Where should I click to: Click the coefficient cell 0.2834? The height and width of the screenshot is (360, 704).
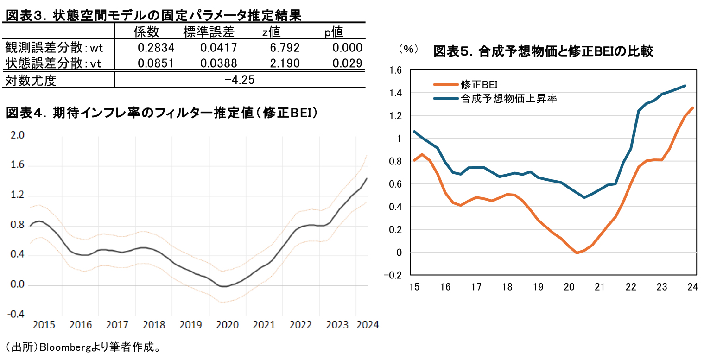pos(156,48)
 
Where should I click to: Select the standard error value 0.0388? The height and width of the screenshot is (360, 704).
pos(219,63)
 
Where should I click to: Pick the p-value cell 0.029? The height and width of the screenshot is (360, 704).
pos(347,63)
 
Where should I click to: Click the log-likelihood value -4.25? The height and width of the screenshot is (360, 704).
pos(239,80)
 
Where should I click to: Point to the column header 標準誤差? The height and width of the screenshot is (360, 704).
pos(209,32)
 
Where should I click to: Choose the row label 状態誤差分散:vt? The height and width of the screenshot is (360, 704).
pos(53,63)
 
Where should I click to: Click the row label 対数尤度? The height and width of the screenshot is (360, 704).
pos(31,81)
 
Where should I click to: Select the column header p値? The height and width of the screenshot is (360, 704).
pos(334,32)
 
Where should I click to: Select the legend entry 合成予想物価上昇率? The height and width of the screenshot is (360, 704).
pos(508,98)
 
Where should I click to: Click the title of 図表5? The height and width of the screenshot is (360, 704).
pos(543,51)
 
